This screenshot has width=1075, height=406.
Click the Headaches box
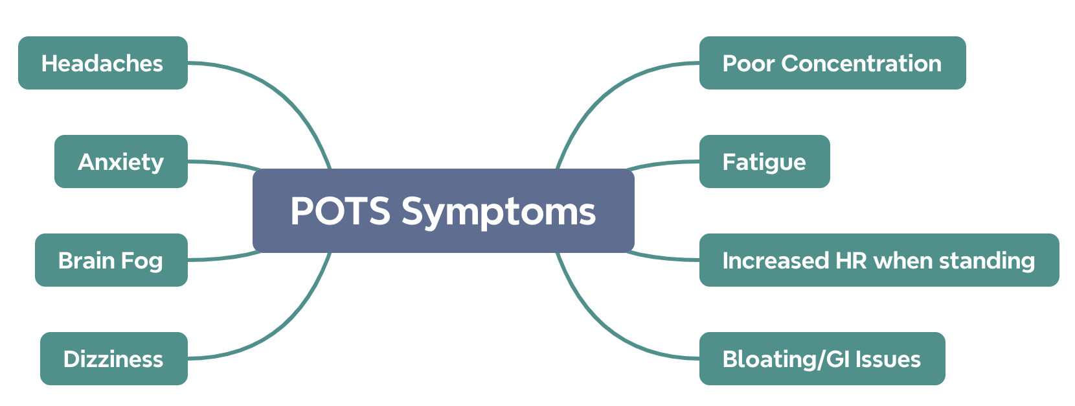coord(102,63)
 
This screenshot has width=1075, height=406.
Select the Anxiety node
coord(120,161)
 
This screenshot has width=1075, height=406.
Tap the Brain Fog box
coord(111,260)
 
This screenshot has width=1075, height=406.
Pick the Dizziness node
coord(113,359)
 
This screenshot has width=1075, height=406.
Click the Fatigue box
coord(764,161)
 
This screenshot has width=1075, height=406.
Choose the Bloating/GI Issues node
coord(821,359)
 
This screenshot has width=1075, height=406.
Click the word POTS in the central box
coord(341,211)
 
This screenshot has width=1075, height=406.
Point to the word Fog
coord(144,261)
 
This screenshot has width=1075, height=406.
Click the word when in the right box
coord(903,261)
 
